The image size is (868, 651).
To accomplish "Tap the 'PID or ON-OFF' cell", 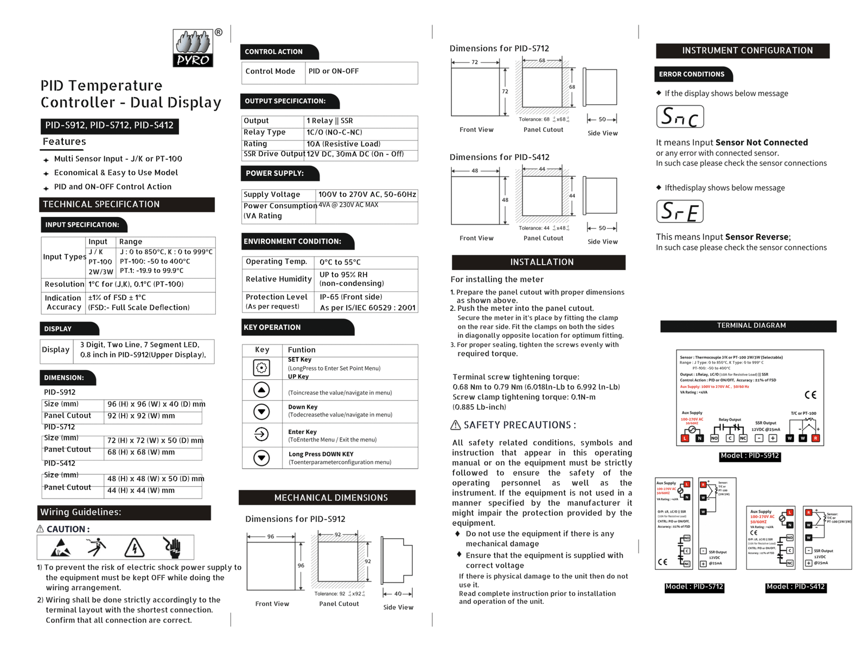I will pos(334,72).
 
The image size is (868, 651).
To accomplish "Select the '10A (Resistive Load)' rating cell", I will pos(343,144).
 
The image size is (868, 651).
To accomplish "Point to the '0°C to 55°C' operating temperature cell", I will pos(340,262).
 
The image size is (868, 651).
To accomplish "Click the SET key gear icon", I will pos(261,368).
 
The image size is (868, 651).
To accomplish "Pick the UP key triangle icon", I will pos(261,390).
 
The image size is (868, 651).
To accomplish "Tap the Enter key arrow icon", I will pos(261,434).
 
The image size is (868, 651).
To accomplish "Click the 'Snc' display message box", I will pos(680,117).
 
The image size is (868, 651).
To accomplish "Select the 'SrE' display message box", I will pos(680,212).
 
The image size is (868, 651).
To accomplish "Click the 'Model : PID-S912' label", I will pos(750,456).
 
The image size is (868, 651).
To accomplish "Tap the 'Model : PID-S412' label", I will pos(795,586).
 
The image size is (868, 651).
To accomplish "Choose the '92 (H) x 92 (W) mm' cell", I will pos(141,416).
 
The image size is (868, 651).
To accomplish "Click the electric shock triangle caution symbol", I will pos(134,547).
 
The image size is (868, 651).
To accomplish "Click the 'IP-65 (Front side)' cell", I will pos(351,297).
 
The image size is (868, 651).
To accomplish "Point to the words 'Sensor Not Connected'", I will pos(762,143).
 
